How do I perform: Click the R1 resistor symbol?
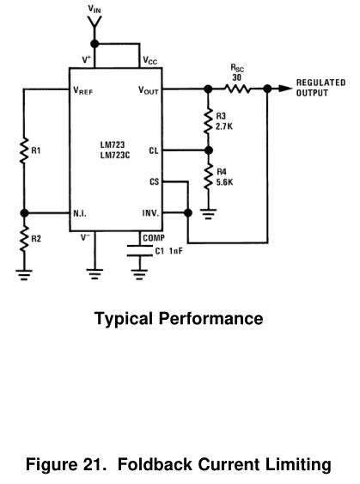pyautogui.click(x=24, y=150)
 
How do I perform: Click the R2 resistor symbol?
pyautogui.click(x=24, y=239)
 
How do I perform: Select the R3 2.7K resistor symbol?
pyautogui.click(x=209, y=120)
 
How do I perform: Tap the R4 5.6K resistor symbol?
pyautogui.click(x=209, y=176)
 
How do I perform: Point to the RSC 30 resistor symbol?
pyautogui.click(x=237, y=89)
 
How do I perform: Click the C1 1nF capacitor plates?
pyautogui.click(x=139, y=251)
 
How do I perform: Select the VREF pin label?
pyautogui.click(x=83, y=90)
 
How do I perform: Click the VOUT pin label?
pyautogui.click(x=149, y=90)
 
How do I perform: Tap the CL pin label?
pyautogui.click(x=154, y=150)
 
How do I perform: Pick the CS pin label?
pyautogui.click(x=155, y=181)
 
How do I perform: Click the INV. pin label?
pyautogui.click(x=150, y=213)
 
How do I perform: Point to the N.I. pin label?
pyautogui.click(x=80, y=213)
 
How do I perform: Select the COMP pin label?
pyautogui.click(x=154, y=238)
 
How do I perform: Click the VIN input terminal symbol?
pyautogui.click(x=95, y=22)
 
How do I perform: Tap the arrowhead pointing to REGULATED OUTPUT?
pyautogui.click(x=285, y=89)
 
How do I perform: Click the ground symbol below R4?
pyautogui.click(x=209, y=214)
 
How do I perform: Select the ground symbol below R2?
pyautogui.click(x=24, y=275)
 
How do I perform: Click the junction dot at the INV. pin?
pyautogui.click(x=187, y=212)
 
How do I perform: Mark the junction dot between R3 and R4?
pyautogui.click(x=209, y=150)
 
